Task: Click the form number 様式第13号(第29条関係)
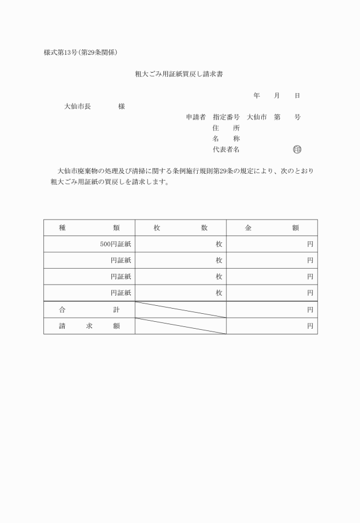click(x=81, y=53)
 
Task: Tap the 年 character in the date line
click(x=257, y=95)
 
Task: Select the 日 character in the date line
click(x=297, y=95)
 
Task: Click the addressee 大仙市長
click(x=77, y=106)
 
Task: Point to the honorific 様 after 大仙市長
click(x=122, y=106)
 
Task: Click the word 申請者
click(x=195, y=117)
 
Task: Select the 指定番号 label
click(x=226, y=117)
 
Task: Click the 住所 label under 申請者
click(x=226, y=128)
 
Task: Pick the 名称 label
click(x=226, y=139)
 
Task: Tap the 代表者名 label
click(x=226, y=150)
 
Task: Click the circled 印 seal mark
click(x=297, y=150)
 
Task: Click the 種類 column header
click(x=89, y=227)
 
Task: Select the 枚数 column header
click(x=181, y=227)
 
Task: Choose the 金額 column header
click(x=272, y=227)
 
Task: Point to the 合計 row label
click(x=89, y=310)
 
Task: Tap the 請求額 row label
click(x=89, y=326)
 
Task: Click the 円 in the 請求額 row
click(x=310, y=326)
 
